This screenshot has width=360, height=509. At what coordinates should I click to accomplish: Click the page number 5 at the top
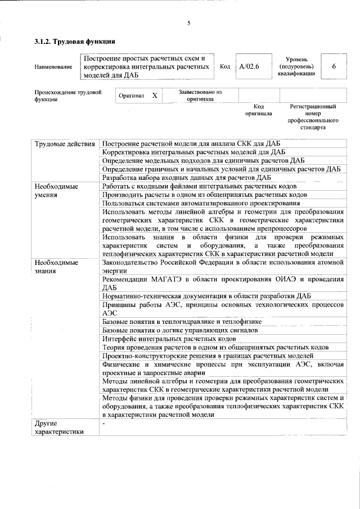189,23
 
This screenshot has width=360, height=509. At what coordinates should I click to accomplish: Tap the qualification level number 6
334,66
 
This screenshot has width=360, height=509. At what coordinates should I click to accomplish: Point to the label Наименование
53,67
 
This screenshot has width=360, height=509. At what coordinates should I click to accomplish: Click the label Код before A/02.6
224,66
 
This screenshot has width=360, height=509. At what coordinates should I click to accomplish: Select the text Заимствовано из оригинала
200,96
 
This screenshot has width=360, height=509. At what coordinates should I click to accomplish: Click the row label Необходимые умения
56,190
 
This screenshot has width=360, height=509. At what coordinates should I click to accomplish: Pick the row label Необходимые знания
56,267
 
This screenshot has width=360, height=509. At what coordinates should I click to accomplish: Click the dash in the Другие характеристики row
103,423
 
